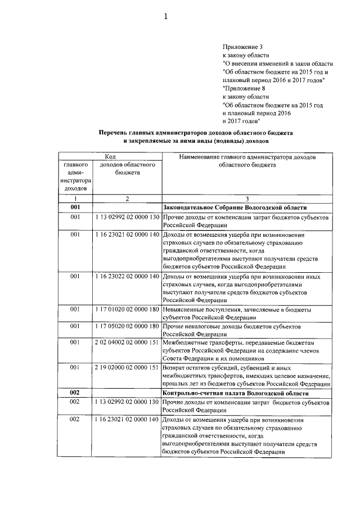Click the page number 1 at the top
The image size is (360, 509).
coord(166,17)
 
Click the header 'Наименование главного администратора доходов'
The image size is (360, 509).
coord(247,156)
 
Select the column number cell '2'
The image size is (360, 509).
coord(127,199)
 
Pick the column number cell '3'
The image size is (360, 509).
coord(247,199)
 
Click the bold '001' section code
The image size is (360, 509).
coord(76,208)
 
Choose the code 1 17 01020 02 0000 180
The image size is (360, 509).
coord(127,309)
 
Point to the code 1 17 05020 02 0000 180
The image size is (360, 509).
coord(127,326)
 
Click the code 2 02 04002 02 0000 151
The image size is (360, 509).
coord(127,342)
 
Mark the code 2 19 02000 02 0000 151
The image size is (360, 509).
coord(127,367)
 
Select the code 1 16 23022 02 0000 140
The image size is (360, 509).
coord(127,276)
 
